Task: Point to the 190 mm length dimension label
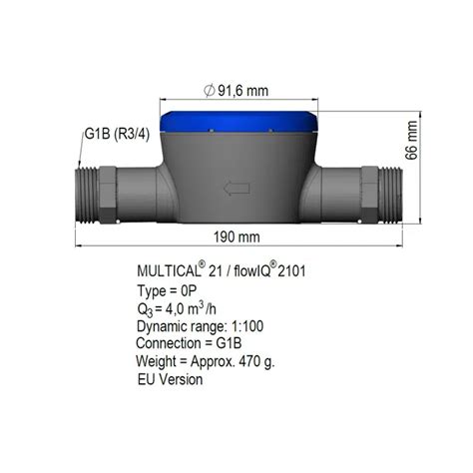point(236,237)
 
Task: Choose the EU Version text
point(171,379)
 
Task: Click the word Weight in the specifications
point(156,361)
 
